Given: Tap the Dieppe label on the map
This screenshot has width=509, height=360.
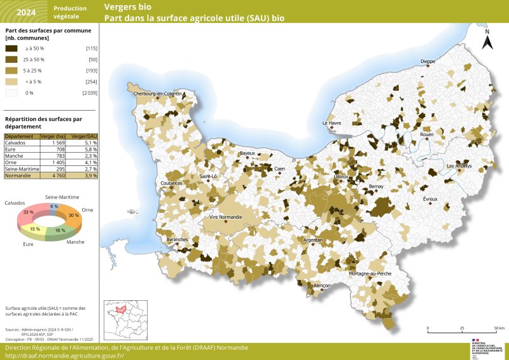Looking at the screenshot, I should [x=428, y=62].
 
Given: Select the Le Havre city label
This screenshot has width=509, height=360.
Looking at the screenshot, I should [x=332, y=123].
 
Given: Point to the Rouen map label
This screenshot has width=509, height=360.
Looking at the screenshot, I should [x=426, y=135].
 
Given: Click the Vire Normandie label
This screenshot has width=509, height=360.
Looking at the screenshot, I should [x=226, y=217].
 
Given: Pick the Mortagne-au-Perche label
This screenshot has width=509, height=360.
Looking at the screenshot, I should [x=370, y=273].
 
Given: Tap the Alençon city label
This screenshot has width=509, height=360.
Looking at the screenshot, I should [x=322, y=286].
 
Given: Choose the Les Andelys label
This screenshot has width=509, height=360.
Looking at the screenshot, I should [x=459, y=166].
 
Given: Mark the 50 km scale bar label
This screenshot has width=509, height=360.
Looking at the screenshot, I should [x=499, y=328].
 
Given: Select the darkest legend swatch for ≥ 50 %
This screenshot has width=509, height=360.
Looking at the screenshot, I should [x=11, y=48].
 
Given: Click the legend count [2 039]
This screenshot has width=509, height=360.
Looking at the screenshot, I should [x=89, y=93].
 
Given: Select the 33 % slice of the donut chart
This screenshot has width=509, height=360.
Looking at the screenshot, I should [x=29, y=212].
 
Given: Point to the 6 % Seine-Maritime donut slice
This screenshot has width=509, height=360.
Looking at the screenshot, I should [x=54, y=207].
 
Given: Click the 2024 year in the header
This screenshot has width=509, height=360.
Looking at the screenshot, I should [x=26, y=12].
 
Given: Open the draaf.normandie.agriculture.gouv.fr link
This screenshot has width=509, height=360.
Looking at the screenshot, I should [x=64, y=356].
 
